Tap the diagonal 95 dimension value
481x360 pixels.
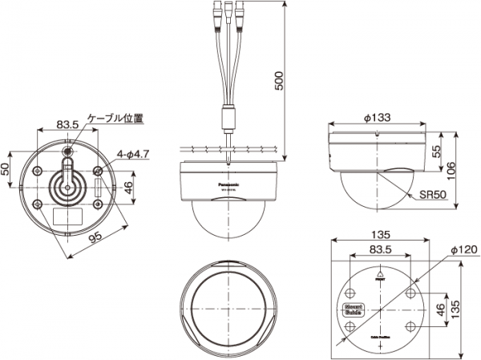(95, 239)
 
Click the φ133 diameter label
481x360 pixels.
(377, 118)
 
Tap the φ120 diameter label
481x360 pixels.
(463, 250)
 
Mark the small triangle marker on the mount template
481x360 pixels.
(380, 274)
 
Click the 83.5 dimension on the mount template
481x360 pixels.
(380, 250)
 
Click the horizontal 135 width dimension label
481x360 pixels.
(380, 235)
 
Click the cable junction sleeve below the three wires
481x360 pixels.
(228, 117)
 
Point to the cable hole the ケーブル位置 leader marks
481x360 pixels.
(68, 149)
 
